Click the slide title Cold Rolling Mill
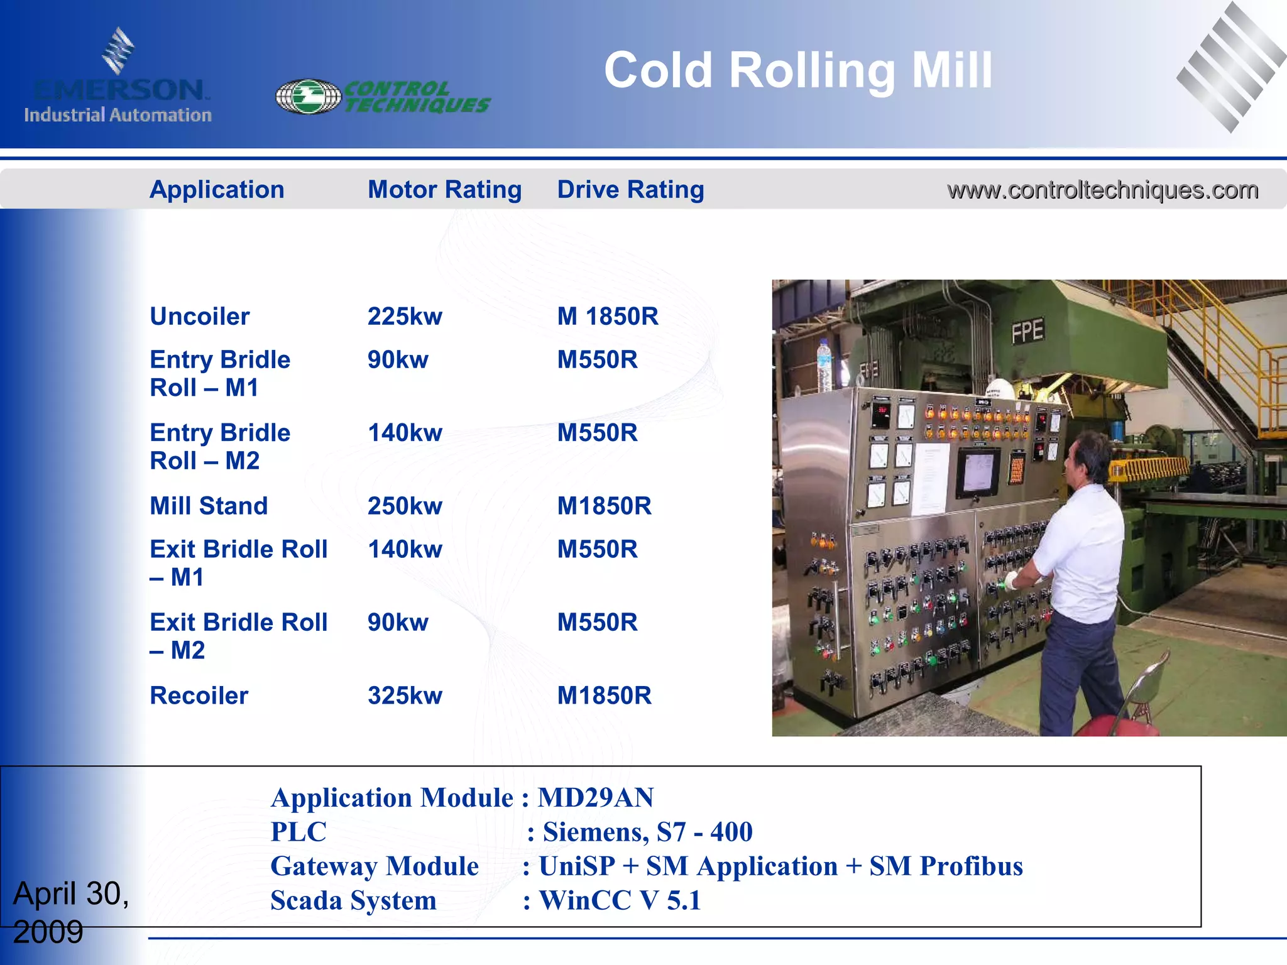coord(798,70)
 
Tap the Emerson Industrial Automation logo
coord(118,79)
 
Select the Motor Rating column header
coord(444,190)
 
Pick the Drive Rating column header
coord(630,190)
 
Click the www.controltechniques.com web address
coord(1102,190)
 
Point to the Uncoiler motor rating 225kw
coord(405,317)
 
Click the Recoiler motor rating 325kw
coord(405,696)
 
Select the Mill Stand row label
coord(209,506)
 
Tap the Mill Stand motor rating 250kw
coord(405,506)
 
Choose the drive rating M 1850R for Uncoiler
coord(608,317)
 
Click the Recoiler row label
coord(199,696)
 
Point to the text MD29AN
coord(596,798)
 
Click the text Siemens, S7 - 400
coord(647,832)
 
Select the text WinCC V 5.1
coord(620,901)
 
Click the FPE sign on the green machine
coord(1027,331)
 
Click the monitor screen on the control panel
coord(977,472)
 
